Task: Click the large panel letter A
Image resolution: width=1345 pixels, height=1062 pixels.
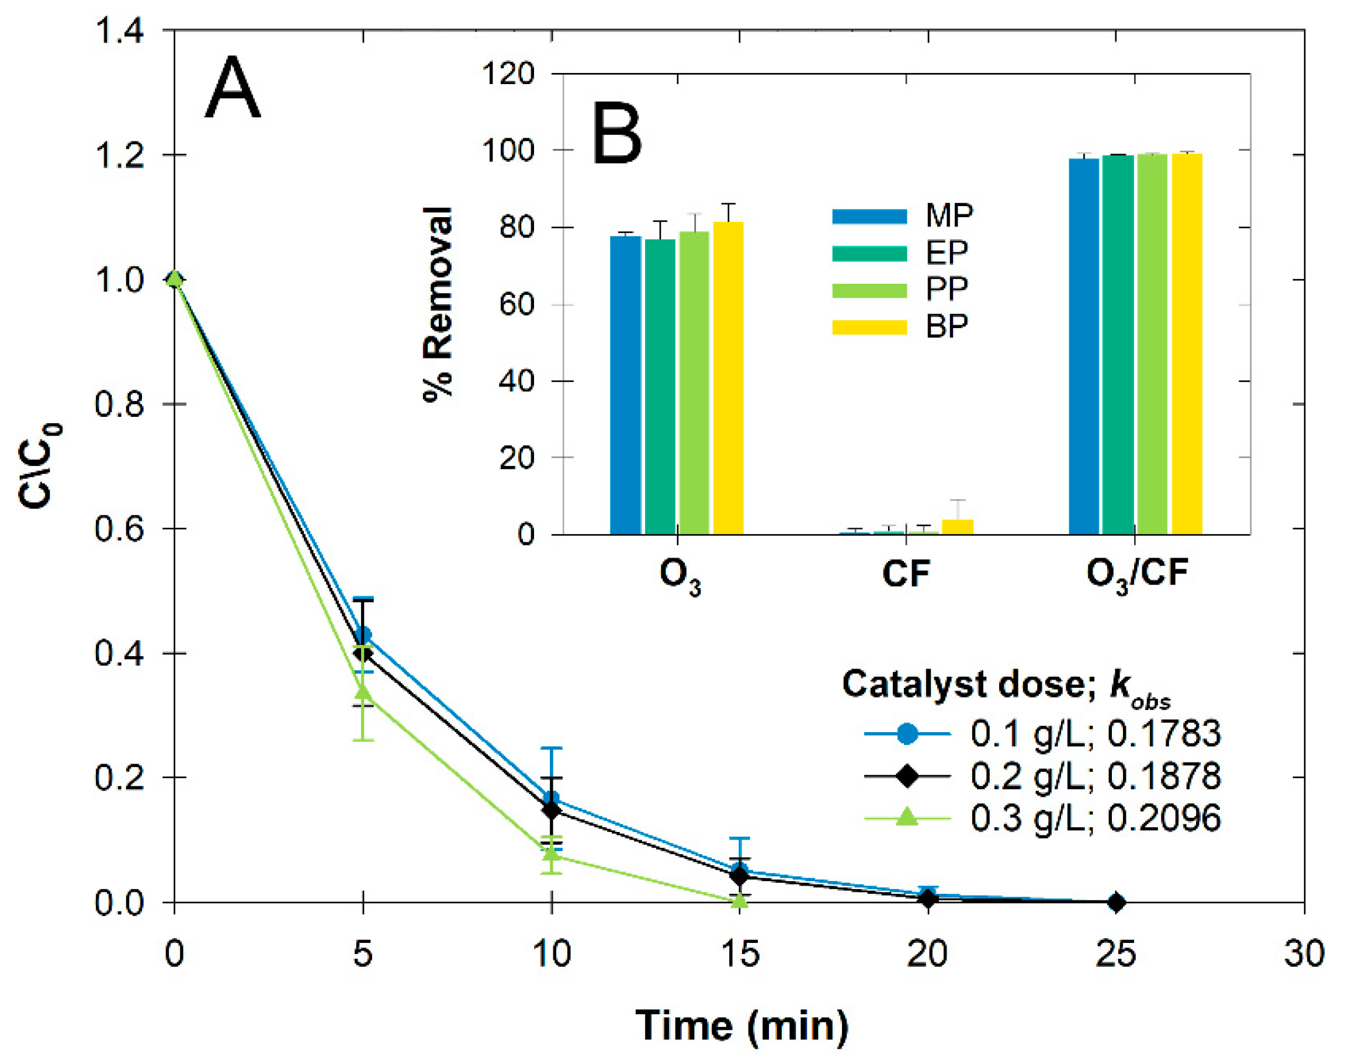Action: coord(232,88)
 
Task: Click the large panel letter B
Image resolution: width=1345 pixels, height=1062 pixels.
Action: coord(616,134)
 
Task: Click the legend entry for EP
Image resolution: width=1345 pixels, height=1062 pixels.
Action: coord(946,252)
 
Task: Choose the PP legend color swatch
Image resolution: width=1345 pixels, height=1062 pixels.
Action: coord(869,290)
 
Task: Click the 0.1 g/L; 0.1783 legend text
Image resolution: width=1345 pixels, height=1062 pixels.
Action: coord(1095,734)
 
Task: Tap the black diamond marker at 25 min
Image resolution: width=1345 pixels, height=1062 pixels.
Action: coord(1116,901)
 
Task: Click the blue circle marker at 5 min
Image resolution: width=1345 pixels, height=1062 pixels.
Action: coord(364,635)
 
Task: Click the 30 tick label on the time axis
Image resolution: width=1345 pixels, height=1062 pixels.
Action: coord(1304,953)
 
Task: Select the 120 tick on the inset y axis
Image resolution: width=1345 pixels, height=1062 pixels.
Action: coord(508,74)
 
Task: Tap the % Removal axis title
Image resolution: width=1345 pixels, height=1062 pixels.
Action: coord(438,305)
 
